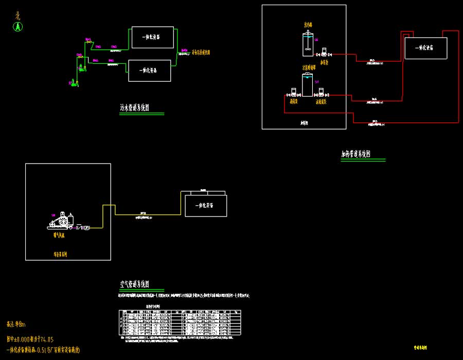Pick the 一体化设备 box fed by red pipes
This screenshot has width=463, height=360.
(x=424, y=47)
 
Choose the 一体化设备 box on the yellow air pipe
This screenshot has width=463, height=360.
(x=204, y=205)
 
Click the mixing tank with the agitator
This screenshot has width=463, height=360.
(x=308, y=44)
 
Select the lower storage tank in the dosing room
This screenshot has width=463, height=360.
(x=307, y=85)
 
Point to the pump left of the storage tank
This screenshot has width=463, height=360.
(x=293, y=93)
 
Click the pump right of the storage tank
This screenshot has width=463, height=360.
(x=321, y=93)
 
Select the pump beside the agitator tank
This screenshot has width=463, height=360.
(x=324, y=52)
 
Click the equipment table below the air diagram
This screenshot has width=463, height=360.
(x=180, y=325)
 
